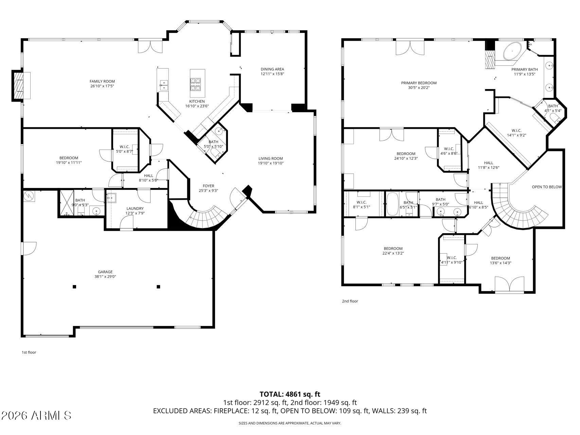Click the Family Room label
tap(102, 81)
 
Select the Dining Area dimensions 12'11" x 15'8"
tap(272, 74)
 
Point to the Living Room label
tap(270, 158)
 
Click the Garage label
tap(105, 272)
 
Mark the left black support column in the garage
tap(74, 286)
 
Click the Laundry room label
tap(135, 208)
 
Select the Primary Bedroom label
tap(419, 83)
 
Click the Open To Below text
tap(547, 187)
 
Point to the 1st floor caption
tap(29, 352)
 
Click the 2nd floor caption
tap(350, 301)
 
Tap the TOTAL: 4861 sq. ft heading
tap(290, 394)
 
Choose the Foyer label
tap(208, 186)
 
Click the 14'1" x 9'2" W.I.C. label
tap(516, 133)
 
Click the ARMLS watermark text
tap(36, 415)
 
